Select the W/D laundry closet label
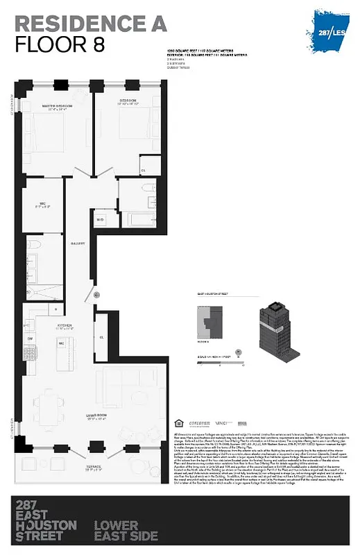pyautogui.click(x=101, y=220)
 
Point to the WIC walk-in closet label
pyautogui.click(x=42, y=205)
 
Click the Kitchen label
pyautogui.click(x=65, y=324)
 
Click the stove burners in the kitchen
pyautogui.click(x=30, y=352)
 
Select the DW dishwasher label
pyautogui.click(x=30, y=339)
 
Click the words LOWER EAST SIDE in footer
pyautogui.click(x=126, y=530)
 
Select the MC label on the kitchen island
pyautogui.click(x=61, y=343)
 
